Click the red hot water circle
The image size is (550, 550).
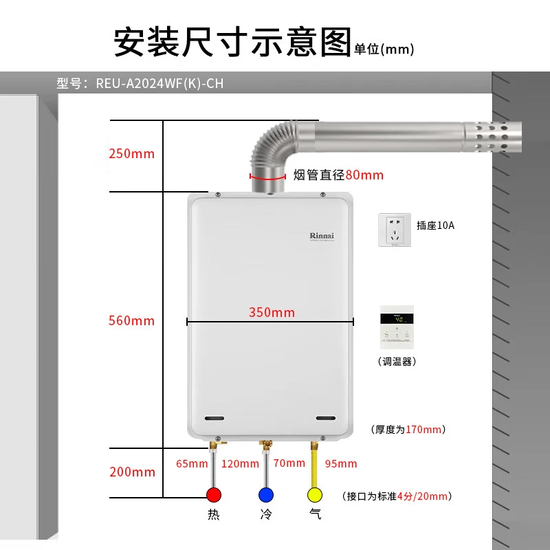click(x=214, y=495)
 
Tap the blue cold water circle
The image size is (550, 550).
click(x=265, y=495)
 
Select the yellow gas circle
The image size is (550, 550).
click(x=316, y=495)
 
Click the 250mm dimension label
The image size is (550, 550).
click(x=131, y=153)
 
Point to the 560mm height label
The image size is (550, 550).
click(x=131, y=320)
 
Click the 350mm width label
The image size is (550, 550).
click(x=272, y=312)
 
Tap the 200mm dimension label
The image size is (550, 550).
click(x=132, y=472)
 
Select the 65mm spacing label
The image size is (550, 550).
click(x=192, y=463)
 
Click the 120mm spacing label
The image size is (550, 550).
click(x=240, y=463)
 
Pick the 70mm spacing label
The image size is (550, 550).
click(x=289, y=463)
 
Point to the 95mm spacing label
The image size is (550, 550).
click(x=341, y=463)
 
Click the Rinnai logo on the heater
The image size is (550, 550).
click(x=321, y=235)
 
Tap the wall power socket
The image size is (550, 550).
click(x=395, y=230)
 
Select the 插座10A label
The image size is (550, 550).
click(x=435, y=225)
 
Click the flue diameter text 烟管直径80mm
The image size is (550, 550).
click(x=338, y=175)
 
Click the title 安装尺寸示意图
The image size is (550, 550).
click(x=232, y=42)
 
